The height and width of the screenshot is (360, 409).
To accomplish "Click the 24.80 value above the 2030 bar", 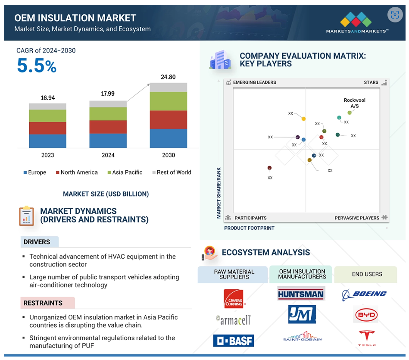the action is point(168,77).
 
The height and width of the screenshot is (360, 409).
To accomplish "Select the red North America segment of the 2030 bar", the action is point(169,120).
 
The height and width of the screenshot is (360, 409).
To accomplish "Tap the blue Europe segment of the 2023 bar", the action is point(47,141).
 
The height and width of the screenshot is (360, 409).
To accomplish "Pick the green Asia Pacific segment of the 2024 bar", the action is point(108,114).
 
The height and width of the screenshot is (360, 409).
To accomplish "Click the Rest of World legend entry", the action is point(172,172).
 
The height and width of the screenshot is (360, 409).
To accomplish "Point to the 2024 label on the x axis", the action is point(108,155).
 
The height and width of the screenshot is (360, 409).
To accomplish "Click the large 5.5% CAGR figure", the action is point(37,66).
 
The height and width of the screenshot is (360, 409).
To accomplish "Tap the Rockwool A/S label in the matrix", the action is point(355,103).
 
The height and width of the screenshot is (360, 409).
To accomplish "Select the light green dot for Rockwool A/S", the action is point(350,113).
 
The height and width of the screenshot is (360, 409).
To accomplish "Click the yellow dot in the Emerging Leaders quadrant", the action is point(303,119).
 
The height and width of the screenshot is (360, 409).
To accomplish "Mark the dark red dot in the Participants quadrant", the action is point(269,168).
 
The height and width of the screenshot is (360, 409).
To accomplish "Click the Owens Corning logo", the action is point(234,299).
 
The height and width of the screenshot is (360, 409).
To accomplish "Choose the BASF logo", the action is point(234,341).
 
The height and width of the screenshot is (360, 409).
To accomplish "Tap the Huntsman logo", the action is point(301,294).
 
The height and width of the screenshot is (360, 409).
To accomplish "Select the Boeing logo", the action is point(364,295).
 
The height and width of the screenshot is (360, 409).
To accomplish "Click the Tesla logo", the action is point(367,338).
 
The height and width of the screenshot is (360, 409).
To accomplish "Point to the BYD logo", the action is point(366,315).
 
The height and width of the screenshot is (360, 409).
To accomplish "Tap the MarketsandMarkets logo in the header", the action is point(357,23).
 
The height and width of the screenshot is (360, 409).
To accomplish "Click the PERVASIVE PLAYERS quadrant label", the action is point(357,218).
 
